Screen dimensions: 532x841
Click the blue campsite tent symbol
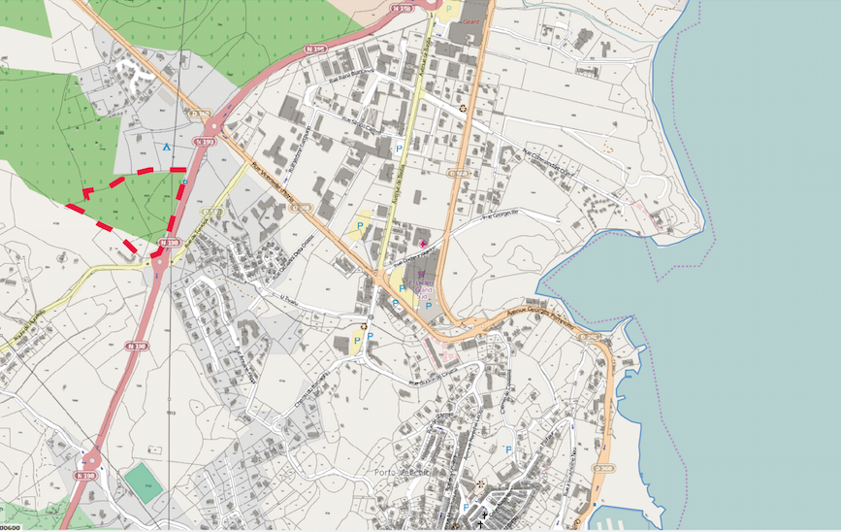166,148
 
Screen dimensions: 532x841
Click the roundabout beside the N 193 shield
214,126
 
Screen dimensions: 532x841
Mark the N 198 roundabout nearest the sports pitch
92,458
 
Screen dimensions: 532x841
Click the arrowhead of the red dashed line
85,192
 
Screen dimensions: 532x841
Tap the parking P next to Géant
448,12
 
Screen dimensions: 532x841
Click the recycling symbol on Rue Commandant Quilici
463,107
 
